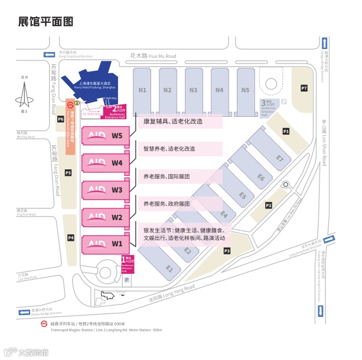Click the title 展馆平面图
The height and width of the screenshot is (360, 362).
45,22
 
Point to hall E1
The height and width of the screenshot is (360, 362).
169,269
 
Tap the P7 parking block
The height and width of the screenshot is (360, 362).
304,88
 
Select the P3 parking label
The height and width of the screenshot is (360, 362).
227,251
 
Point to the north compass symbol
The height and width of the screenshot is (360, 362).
24,93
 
